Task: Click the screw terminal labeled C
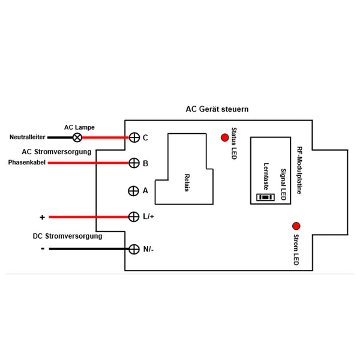[x=134, y=137]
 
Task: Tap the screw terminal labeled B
[x=134, y=163]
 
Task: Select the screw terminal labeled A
[x=133, y=191]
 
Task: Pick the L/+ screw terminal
[x=134, y=217]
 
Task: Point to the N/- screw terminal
[x=134, y=249]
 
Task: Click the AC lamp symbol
[x=77, y=137]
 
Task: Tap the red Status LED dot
[x=225, y=137]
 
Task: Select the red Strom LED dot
[x=296, y=226]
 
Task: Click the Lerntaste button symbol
[x=265, y=197]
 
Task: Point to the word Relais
[x=187, y=182]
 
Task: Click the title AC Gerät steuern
[x=217, y=109]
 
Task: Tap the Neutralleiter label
[x=28, y=137]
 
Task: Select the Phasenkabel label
[x=27, y=163]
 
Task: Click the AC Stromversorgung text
[x=56, y=152]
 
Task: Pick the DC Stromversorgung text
[x=67, y=236]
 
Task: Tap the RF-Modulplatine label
[x=299, y=170]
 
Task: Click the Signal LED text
[x=284, y=184]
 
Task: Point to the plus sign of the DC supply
[x=42, y=217]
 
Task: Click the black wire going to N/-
[x=89, y=249]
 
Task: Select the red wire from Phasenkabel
[x=88, y=163]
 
